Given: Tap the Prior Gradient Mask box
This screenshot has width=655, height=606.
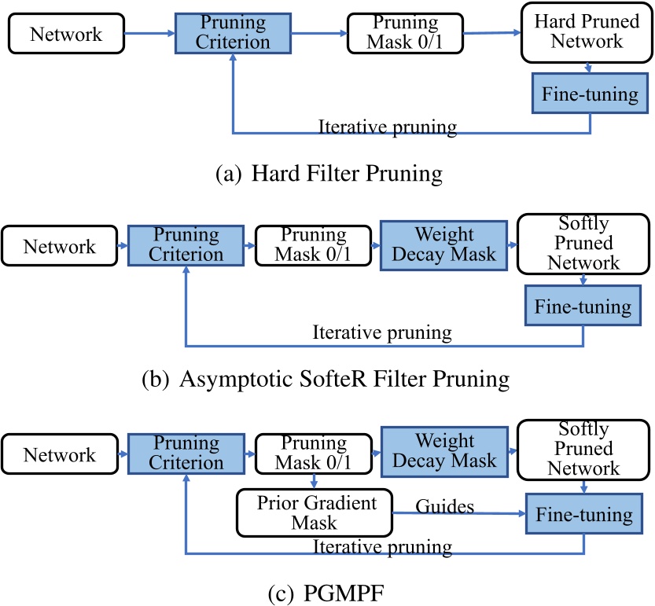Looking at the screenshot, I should pyautogui.click(x=317, y=512).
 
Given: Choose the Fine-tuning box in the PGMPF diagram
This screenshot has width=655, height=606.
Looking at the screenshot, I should pyautogui.click(x=583, y=515).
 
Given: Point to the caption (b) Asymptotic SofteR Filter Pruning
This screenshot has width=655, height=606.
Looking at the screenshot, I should pyautogui.click(x=326, y=380).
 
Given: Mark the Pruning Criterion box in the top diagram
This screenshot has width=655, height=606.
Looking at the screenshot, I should pyautogui.click(x=234, y=33).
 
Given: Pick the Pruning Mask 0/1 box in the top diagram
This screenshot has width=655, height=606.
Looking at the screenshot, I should pyautogui.click(x=405, y=33).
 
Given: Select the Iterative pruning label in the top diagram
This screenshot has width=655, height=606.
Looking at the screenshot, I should pyautogui.click(x=387, y=127).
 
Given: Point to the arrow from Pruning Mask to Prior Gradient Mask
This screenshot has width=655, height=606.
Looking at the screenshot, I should pyautogui.click(x=314, y=481).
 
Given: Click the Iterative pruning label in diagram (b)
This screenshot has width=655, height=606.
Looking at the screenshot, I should pyautogui.click(x=382, y=332).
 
